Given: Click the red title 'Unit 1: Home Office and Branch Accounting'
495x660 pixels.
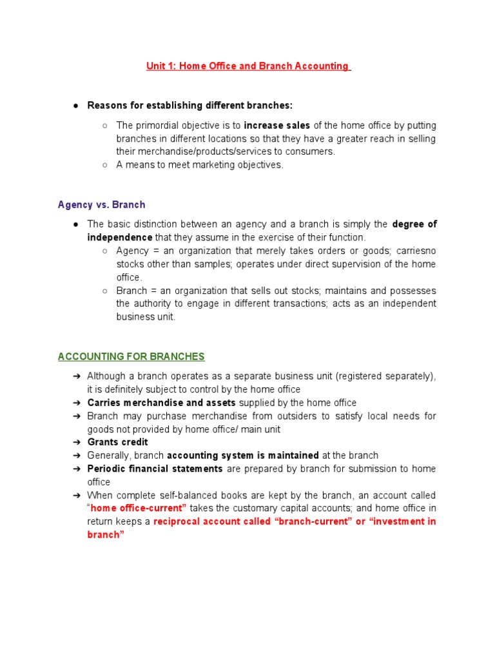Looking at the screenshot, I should click(247, 66).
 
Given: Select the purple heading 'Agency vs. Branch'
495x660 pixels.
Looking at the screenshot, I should click(101, 205).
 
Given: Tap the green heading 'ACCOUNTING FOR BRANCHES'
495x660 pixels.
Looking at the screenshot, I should click(131, 356).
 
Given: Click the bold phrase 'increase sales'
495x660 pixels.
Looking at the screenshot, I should click(277, 126).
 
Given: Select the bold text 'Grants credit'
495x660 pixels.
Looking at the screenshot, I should click(117, 442).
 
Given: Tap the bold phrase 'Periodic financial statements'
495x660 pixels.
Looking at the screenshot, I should click(155, 469).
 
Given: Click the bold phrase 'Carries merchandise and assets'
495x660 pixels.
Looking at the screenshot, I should click(161, 403).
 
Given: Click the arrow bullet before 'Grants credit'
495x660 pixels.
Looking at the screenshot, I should click(76, 442).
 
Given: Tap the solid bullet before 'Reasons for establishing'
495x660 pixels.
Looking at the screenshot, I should click(76, 106).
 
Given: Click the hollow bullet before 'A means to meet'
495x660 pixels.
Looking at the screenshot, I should click(104, 165).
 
